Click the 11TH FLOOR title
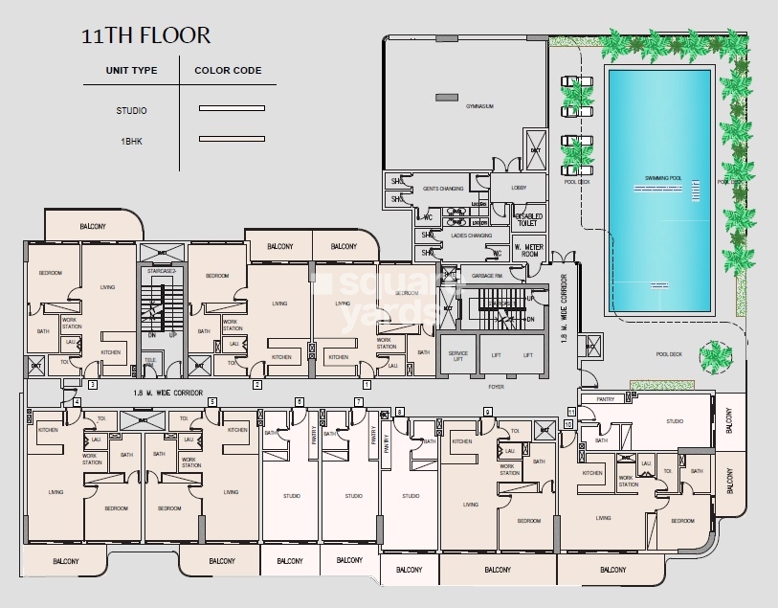[144, 36]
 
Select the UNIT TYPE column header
[131, 70]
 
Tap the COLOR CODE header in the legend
[228, 70]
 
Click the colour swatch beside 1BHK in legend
[231, 140]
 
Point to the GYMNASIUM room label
[453, 107]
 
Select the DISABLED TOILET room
[528, 220]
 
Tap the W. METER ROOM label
[530, 252]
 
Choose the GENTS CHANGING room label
[443, 189]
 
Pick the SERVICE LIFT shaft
[457, 354]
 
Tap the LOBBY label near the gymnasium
[520, 188]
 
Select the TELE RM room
[150, 361]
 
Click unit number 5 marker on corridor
[211, 401]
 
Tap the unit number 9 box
[487, 412]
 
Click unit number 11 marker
[571, 412]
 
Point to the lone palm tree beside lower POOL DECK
[715, 357]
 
